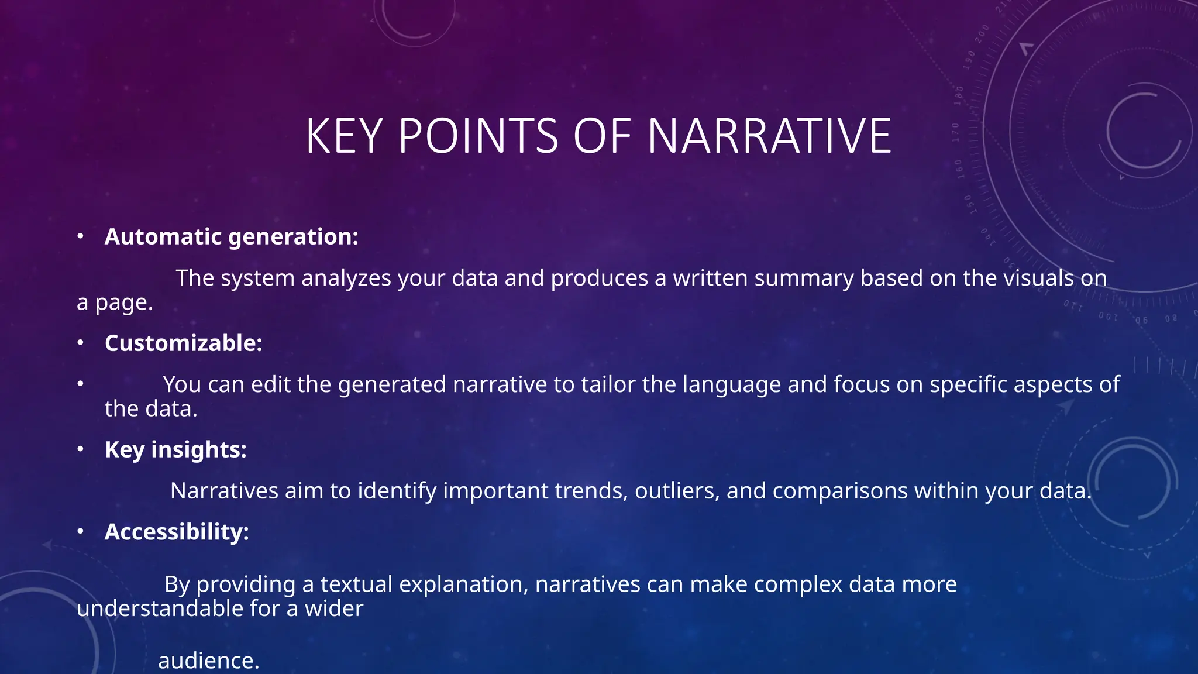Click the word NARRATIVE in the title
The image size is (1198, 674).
(x=769, y=136)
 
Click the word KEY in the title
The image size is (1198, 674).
(x=344, y=136)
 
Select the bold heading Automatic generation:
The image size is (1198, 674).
(x=231, y=237)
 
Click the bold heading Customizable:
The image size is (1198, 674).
(x=183, y=343)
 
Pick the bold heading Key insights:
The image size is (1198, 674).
(x=175, y=450)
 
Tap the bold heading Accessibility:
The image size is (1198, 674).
(x=177, y=532)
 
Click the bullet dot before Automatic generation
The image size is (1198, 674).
(x=81, y=236)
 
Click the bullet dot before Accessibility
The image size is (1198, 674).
(x=81, y=531)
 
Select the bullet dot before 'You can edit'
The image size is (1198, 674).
(x=81, y=384)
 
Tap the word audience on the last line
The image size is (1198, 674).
(x=208, y=661)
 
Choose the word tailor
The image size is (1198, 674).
(x=609, y=385)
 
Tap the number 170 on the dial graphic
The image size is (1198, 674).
(x=956, y=132)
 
